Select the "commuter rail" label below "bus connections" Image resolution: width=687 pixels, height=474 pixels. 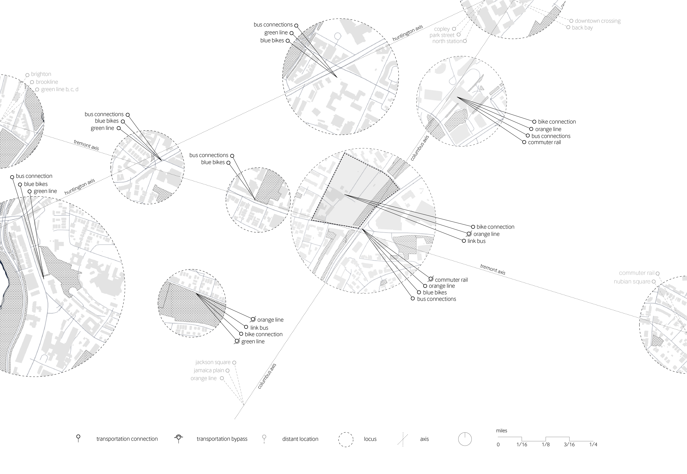(544, 142)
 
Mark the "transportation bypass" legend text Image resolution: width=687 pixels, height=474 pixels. (222, 439)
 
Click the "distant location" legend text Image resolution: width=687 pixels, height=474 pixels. (300, 439)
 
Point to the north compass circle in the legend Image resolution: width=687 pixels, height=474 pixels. (465, 439)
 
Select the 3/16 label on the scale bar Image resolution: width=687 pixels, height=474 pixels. (569, 445)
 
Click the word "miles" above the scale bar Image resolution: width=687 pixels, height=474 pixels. (501, 431)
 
